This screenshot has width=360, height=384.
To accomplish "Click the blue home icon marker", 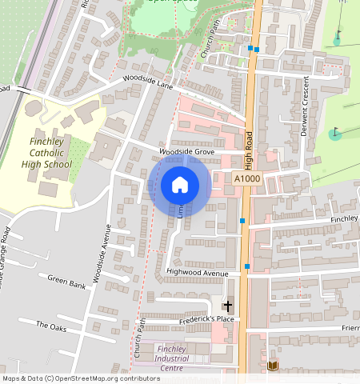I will [180, 186].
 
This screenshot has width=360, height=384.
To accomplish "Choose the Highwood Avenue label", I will [198, 273].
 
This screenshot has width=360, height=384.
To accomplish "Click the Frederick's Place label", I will [206, 320].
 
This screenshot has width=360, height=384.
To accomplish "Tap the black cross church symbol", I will [227, 306].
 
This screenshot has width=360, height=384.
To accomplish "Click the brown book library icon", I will [272, 366].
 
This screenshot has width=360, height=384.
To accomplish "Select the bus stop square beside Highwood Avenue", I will [248, 266].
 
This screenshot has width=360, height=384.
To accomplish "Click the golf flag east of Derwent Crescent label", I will [335, 134].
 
